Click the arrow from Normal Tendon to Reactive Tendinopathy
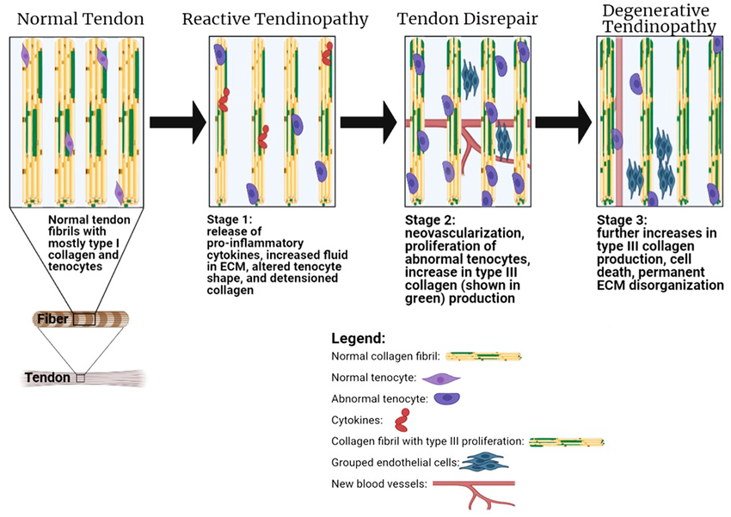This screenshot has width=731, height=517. point(177,122)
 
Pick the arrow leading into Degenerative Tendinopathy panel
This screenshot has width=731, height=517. point(563,122)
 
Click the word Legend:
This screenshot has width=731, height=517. point(359,339)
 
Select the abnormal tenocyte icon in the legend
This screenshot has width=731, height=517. point(446,399)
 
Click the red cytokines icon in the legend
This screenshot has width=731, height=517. point(401,422)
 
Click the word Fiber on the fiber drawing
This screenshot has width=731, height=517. point(53,319)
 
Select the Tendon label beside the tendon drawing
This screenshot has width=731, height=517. point(47,378)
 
